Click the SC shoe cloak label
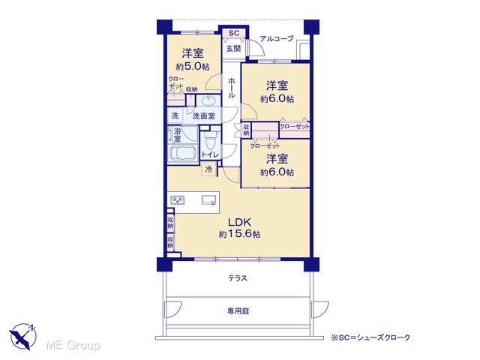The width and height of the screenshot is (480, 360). click(234, 33)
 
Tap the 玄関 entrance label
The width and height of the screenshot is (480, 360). click(233, 48)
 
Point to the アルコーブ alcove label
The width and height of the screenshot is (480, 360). click(277, 38)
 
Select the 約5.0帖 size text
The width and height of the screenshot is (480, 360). click(193, 67)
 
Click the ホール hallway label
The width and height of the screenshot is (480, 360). click(232, 88)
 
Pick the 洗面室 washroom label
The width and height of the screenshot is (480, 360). click(203, 115)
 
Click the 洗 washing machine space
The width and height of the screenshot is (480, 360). click(175, 115)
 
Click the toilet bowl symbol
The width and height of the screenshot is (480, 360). click(210, 141)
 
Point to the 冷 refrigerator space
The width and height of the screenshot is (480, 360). click(208, 169)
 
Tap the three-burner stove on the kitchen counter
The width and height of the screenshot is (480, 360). click(177, 200)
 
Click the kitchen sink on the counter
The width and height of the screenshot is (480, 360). click(209, 200)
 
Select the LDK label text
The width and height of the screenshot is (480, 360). click(240, 222)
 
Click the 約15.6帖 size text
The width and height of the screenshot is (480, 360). click(240, 234)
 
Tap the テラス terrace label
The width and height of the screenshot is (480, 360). click(238, 278)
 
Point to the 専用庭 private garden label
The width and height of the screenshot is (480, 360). click(238, 311)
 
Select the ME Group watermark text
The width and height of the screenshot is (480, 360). click(73, 345)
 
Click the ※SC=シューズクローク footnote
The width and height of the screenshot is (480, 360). click(370, 337)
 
